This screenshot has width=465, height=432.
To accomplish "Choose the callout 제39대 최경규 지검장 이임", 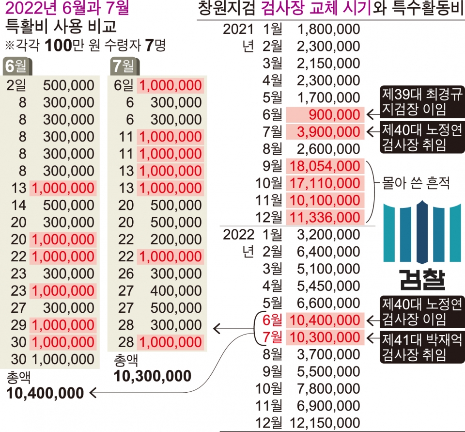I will coord(421,102).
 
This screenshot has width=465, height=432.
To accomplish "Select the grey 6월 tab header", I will coord(17,65).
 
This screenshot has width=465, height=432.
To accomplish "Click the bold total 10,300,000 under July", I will coord(153,376).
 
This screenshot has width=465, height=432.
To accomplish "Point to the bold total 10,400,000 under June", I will coord(45,393).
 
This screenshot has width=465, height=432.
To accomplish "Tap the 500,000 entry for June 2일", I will coord(68,86).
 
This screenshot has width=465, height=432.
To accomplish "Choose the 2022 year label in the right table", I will coord(238,235).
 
